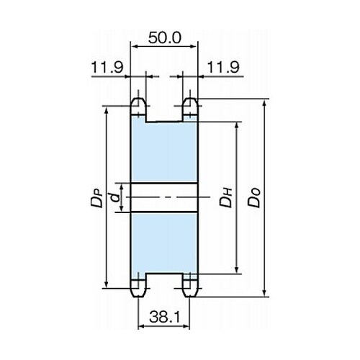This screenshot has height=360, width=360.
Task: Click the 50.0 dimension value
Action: tap(164, 38)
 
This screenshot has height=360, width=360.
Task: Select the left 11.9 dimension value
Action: tap(107, 67)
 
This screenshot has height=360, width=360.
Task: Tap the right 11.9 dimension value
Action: tap(223, 67)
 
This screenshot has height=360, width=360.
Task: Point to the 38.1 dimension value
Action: tap(164, 318)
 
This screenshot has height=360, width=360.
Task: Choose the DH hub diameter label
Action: tap(226, 198)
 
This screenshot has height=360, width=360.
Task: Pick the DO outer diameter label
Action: tap(254, 198)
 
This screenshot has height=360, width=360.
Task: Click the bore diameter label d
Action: tap(116, 198)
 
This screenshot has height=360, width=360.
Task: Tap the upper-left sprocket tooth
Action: tap(138, 107)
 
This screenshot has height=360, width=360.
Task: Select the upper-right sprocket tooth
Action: tap(190, 107)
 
